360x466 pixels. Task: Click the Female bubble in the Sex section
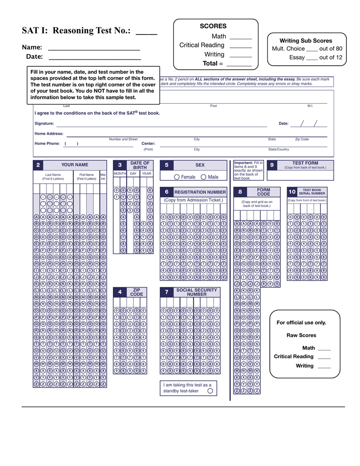[177, 177]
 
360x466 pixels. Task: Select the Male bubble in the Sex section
[203, 177]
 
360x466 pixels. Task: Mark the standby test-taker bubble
[210, 390]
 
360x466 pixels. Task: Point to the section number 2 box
[38, 165]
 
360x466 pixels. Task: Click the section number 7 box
[167, 292]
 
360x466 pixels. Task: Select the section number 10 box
[292, 192]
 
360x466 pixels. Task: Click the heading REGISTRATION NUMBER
[200, 192]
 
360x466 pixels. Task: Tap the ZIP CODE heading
[137, 292]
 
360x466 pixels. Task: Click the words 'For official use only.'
[301, 323]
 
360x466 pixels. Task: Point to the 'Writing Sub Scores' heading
[305, 41]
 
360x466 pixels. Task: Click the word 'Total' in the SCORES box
[210, 64]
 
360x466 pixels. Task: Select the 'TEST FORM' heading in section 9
[305, 163]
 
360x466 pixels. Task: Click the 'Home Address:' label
[49, 134]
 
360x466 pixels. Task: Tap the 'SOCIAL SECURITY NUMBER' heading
[197, 292]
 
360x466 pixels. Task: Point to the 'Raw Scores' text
[301, 335]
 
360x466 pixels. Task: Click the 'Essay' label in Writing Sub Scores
[297, 57]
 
